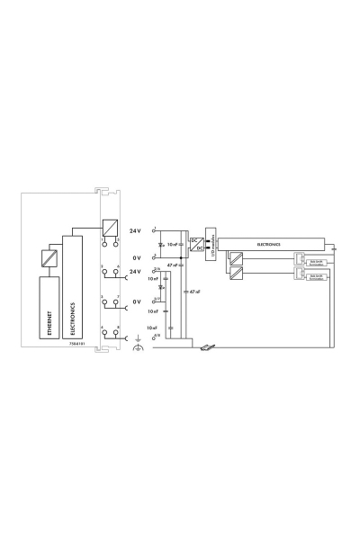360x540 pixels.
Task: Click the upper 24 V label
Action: pos(136,230)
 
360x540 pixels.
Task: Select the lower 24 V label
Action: pos(136,272)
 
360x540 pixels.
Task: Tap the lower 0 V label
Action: pos(138,302)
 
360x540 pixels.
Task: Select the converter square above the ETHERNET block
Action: pos(50,259)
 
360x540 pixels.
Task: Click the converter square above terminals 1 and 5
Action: pos(111,228)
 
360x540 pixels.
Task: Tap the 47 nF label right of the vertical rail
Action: pos(191,292)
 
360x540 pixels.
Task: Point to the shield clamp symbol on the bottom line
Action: pos(208,346)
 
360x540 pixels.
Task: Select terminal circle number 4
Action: pos(104,335)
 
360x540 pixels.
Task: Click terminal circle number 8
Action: pos(118,335)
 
